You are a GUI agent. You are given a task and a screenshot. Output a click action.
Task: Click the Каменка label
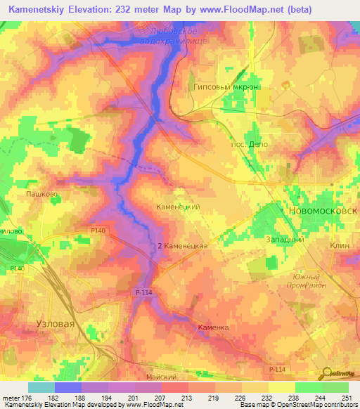click(214, 328)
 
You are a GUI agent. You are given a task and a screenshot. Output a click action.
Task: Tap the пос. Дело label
click(250, 144)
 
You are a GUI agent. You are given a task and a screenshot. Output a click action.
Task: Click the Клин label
click(340, 245)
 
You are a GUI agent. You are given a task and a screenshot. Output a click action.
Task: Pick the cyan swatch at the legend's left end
click(41, 387)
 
